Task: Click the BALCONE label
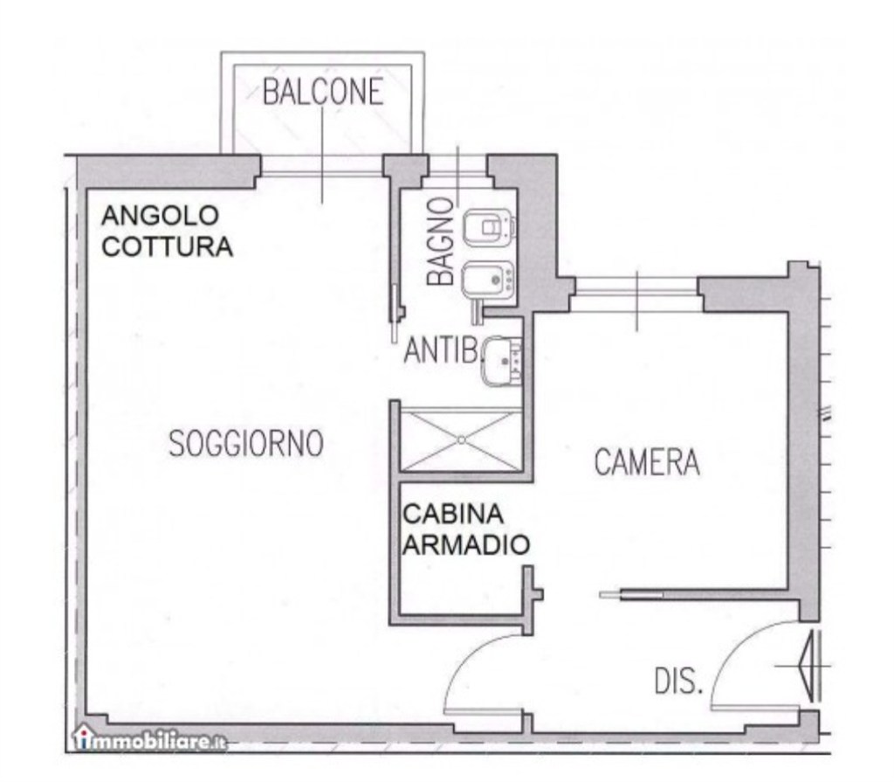click(x=323, y=91)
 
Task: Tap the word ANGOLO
click(x=160, y=215)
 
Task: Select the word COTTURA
click(x=168, y=247)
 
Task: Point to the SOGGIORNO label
click(x=246, y=444)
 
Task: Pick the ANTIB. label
click(x=443, y=351)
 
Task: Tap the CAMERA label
click(x=647, y=462)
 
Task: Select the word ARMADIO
click(x=466, y=545)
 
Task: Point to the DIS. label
click(x=678, y=682)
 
